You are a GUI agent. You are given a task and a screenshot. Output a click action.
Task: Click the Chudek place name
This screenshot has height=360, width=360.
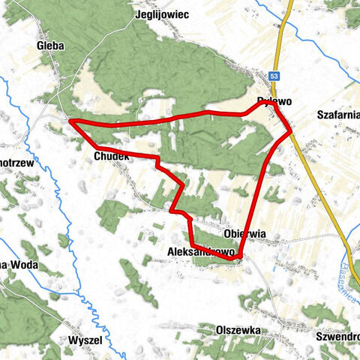click(x=113, y=156)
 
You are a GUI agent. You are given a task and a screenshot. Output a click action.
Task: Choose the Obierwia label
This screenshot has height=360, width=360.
click(x=244, y=233)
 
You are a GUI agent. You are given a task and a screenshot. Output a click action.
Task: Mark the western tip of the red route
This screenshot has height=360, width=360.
click(x=70, y=121)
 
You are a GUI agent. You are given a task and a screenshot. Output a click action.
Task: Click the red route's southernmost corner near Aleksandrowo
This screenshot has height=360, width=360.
click(x=238, y=258)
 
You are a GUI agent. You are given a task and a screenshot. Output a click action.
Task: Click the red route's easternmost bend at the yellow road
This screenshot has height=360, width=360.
click(x=291, y=132)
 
